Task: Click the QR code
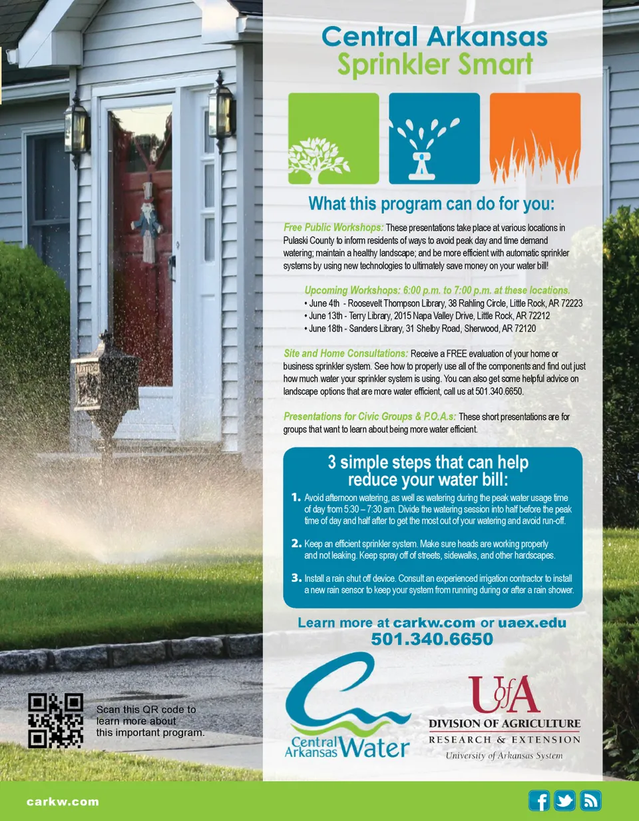click(56, 720)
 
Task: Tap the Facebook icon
click(539, 800)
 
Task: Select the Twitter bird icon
click(564, 800)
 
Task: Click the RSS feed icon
click(590, 800)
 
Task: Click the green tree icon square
click(333, 139)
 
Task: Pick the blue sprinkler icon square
click(434, 139)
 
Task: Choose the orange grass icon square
click(535, 139)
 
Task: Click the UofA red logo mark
click(503, 694)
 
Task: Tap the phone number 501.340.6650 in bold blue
click(432, 640)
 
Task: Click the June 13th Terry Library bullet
click(426, 315)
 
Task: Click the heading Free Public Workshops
click(333, 228)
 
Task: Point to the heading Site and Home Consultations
click(345, 353)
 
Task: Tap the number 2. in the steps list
click(297, 544)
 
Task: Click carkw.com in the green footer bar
click(63, 802)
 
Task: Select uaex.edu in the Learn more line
click(533, 623)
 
